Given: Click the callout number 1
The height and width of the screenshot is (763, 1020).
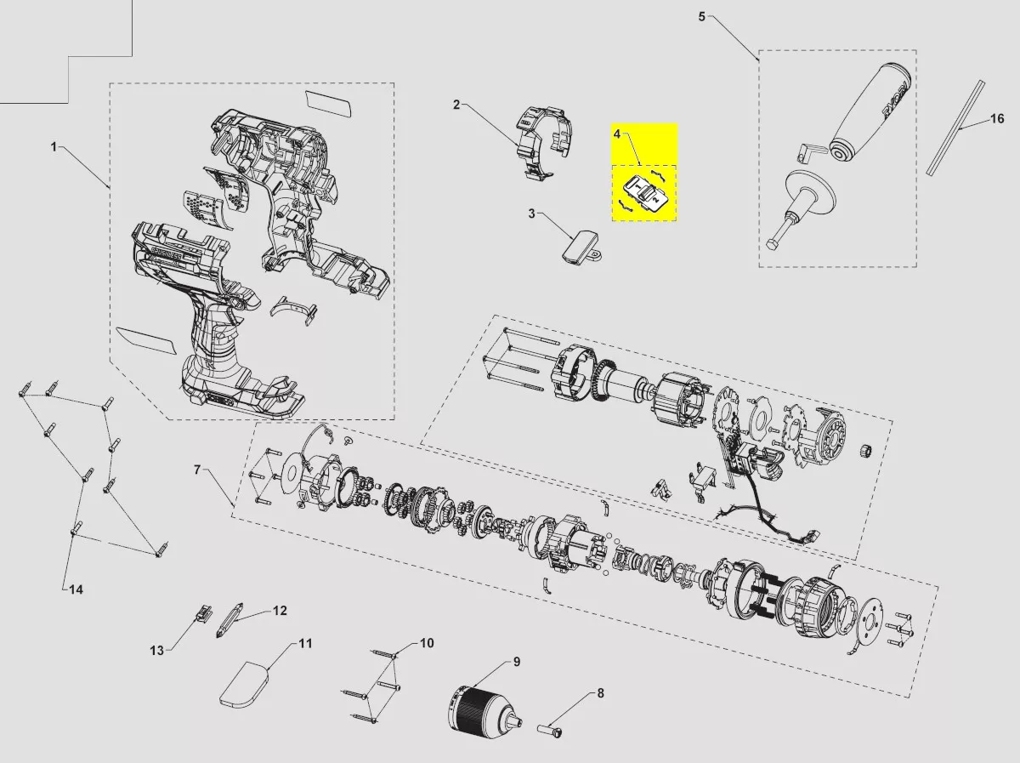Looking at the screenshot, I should tap(54, 147).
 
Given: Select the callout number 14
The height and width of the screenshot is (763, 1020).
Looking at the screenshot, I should tap(76, 589).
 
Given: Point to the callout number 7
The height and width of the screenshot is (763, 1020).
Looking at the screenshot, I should tap(197, 470).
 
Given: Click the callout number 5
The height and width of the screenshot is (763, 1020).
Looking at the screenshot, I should tap(701, 17).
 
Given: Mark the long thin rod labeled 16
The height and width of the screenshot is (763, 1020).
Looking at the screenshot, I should tap(955, 127).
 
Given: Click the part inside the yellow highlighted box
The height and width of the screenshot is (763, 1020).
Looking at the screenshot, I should tap(644, 192).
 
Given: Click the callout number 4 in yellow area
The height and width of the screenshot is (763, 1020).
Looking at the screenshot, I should tap(618, 134).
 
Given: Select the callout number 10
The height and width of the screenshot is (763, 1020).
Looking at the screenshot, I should tap(427, 642).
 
